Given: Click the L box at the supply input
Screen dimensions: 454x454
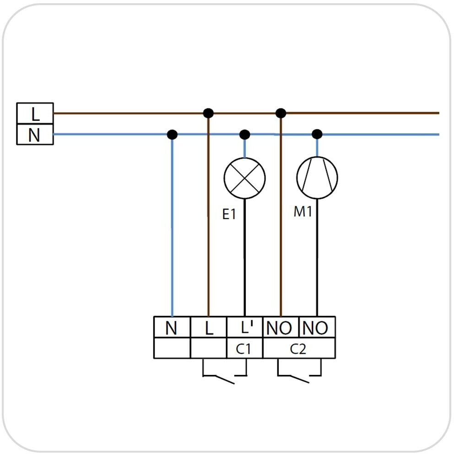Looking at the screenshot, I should [35, 113].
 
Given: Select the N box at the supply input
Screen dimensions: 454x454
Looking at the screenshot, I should [35, 135].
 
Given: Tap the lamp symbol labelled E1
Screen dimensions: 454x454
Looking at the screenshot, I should [244, 178].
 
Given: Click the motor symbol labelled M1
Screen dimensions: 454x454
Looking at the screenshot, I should [317, 178].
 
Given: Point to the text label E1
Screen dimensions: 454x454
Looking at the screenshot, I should [229, 214].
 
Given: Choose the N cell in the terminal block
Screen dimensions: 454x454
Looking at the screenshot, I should [172, 328].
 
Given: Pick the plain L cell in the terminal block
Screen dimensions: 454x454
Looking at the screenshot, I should [208, 328].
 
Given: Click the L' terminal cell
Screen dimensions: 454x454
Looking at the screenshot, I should [244, 328].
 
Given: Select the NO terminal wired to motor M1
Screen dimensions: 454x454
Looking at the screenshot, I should [317, 328].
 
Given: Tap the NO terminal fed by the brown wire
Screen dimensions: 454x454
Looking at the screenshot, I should [281, 328].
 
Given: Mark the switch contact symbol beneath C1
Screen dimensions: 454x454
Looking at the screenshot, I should [224, 374].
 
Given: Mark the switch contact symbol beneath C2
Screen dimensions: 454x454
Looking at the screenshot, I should [299, 374].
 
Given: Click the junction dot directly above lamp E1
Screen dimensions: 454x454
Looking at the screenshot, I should [245, 135].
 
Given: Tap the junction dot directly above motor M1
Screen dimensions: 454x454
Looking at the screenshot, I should [317, 135].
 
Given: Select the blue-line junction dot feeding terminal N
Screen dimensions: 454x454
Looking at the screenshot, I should [172, 135].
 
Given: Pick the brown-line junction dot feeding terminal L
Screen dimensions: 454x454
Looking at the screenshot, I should [208, 113].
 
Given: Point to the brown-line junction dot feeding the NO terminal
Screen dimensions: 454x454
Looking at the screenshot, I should [281, 113].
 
